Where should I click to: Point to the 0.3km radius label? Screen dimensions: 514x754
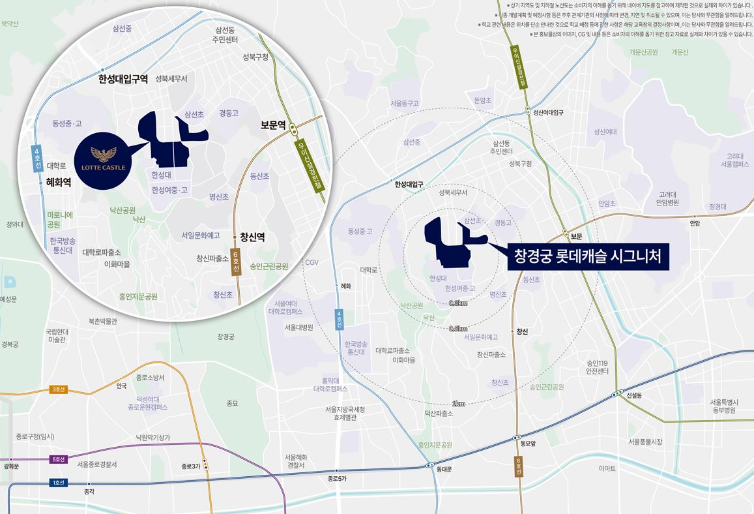[x=458, y=303]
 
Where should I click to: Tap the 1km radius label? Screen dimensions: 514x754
[x=458, y=404]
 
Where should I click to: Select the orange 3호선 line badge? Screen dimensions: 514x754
[x=59, y=390]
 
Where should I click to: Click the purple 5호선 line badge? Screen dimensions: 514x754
[x=59, y=459]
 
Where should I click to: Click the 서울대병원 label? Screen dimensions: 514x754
[x=298, y=327]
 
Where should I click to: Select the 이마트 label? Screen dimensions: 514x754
[x=607, y=468]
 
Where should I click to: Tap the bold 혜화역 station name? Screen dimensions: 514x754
[x=59, y=183]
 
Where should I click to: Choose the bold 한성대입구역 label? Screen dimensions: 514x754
[x=123, y=79]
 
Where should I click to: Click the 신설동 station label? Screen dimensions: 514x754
[x=634, y=395]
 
